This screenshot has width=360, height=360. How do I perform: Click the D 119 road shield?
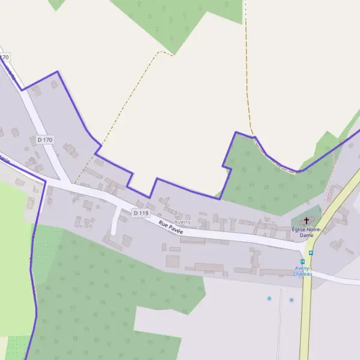tap(140, 213)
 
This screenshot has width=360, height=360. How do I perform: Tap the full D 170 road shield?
tap(45, 140)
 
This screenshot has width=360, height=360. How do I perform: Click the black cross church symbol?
tap(307, 221)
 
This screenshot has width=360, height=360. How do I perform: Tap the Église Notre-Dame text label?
tap(307, 232)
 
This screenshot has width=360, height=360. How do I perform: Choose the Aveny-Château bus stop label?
tap(302, 271)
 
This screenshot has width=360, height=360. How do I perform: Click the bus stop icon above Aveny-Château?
tap(302, 262)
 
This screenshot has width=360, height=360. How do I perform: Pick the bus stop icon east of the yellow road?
tap(311, 253)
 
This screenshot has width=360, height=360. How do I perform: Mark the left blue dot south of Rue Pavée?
tap(269, 298)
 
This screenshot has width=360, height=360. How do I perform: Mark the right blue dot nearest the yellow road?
tap(292, 299)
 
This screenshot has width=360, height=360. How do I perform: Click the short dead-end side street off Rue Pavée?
tap(115, 222)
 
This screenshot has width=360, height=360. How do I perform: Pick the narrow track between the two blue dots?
tap(280, 324)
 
